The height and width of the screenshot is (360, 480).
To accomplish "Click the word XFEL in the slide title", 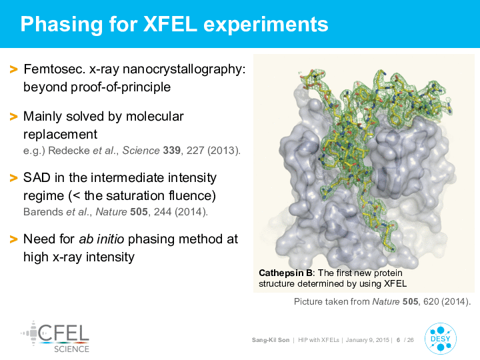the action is pos(170,24).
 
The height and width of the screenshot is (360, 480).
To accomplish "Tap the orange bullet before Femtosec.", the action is pos(13,69).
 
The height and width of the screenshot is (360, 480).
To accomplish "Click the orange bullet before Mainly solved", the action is pos(13,117).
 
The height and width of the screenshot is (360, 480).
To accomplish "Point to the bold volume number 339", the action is pos(171,151).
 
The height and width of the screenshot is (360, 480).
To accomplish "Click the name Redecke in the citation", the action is pos(69,151).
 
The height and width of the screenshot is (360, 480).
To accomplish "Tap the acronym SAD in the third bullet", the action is pos(37,178).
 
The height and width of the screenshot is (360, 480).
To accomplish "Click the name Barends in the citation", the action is pos(43,212).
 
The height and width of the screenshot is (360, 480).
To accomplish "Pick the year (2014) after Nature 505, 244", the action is pos(191,212).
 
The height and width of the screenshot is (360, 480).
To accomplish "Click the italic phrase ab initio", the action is pos(101,239).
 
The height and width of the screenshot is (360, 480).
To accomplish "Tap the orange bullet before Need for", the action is pos(13,239).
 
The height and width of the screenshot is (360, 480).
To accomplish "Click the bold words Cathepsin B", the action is pos(285,273).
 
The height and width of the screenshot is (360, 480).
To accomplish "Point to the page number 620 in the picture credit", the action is pos(431,302).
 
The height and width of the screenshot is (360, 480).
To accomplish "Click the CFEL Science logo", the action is pos(55,337).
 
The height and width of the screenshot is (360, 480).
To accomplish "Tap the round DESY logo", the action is pos(441,339).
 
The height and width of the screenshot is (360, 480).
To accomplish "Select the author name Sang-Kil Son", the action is pos(271,340).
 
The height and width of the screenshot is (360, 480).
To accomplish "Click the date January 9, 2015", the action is pos(367,340).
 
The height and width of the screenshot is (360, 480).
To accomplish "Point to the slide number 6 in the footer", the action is pos(398,340).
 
